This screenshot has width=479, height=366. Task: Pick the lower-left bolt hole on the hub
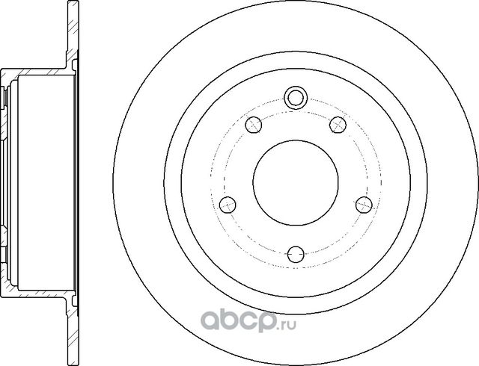click(228, 203)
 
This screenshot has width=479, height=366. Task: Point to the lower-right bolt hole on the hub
click(363, 203)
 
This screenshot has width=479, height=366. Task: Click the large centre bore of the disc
click(296, 184)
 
